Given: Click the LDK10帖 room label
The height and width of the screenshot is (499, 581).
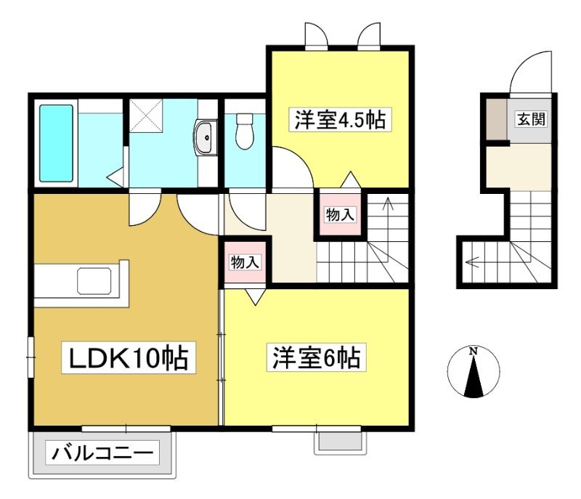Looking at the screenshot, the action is pyautogui.click(x=129, y=358).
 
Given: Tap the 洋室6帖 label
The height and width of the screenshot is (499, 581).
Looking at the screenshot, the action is pyautogui.click(x=316, y=358).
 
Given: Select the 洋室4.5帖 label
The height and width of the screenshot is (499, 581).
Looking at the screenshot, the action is pyautogui.click(x=340, y=119).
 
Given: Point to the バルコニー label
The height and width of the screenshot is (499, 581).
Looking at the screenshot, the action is pyautogui.click(x=102, y=453).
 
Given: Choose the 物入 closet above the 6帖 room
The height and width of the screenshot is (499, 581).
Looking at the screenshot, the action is pyautogui.click(x=245, y=262).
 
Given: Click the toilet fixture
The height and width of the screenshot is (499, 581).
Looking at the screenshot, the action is pyautogui.click(x=245, y=131).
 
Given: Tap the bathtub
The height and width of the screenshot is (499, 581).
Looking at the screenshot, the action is pyautogui.click(x=56, y=143).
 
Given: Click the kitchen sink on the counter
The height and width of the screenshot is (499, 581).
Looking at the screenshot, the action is pyautogui.click(x=94, y=281).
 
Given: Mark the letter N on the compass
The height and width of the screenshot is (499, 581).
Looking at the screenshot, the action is pyautogui.click(x=474, y=351).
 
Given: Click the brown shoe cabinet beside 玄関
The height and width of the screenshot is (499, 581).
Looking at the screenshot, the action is pyautogui.click(x=497, y=119).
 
